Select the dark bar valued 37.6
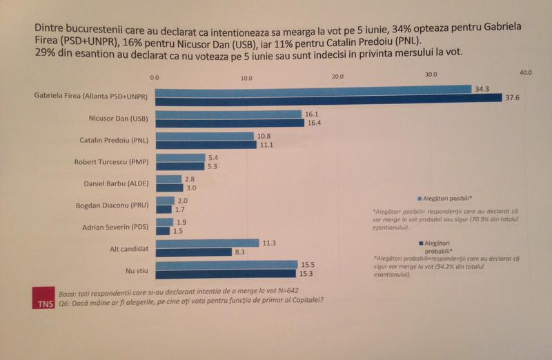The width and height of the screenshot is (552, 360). pyautogui.click(x=328, y=98)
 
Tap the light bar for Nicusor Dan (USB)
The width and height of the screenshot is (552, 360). pyautogui.click(x=229, y=114)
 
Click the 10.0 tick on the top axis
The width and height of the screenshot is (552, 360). pyautogui.click(x=246, y=79)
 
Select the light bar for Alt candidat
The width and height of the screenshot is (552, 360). pyautogui.click(x=207, y=243)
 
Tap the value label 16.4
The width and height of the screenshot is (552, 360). pyautogui.click(x=313, y=123)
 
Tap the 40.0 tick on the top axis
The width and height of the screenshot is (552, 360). pyautogui.click(x=525, y=72)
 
